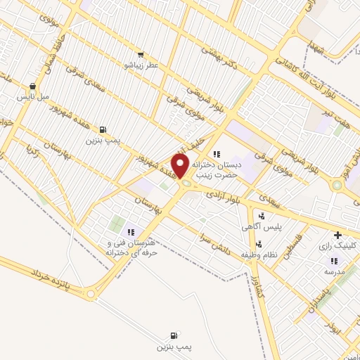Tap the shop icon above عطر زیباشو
click(141, 54)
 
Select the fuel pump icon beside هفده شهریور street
click(103, 129)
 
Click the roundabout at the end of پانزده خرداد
click(91, 294)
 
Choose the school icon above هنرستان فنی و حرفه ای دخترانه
click(130, 232)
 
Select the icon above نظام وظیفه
click(259, 244)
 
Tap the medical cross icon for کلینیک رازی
click(337, 234)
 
